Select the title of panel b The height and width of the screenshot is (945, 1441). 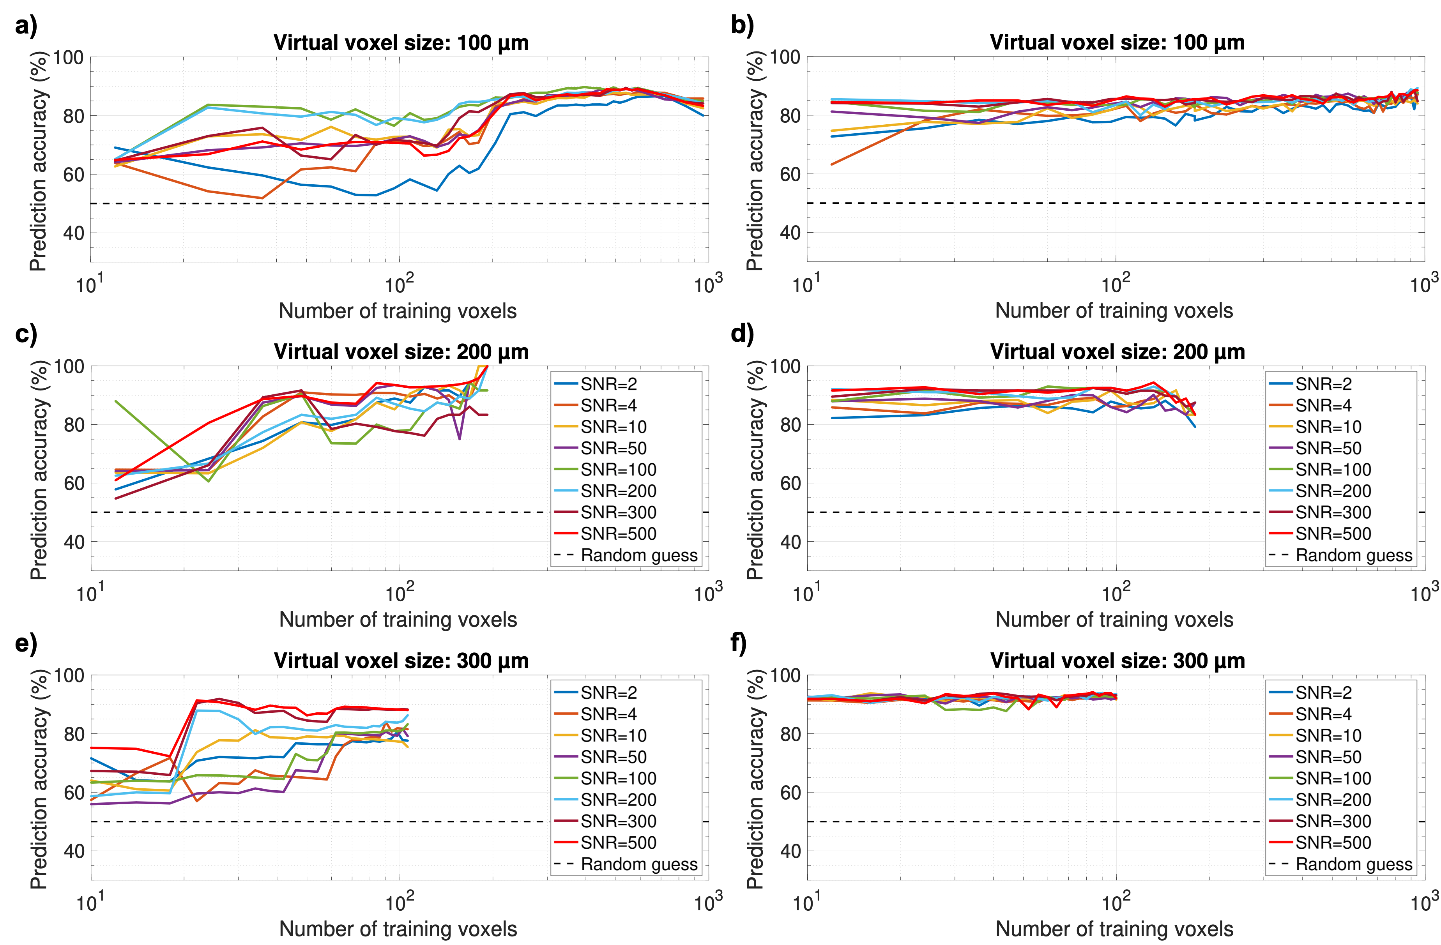tap(1117, 43)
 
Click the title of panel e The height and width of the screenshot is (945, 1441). tap(401, 661)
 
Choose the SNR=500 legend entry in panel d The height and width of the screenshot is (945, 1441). tap(1333, 534)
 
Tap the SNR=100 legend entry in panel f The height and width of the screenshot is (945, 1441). tap(1333, 779)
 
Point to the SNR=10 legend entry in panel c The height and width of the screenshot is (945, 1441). tap(614, 427)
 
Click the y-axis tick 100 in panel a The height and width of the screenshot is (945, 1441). tap(69, 58)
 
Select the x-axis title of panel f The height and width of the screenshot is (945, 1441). tap(1114, 929)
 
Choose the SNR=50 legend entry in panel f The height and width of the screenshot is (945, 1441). tap(1328, 757)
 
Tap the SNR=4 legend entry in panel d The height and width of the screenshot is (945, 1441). tap(1324, 406)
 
